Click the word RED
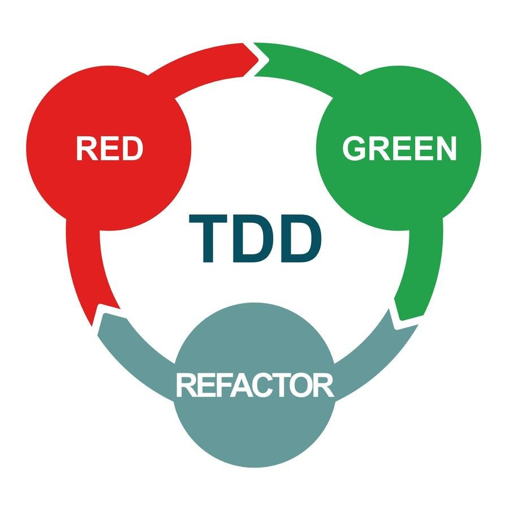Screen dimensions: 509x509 109,149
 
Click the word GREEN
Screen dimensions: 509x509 399,149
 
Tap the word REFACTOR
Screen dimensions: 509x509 255,385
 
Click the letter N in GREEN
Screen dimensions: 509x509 445,149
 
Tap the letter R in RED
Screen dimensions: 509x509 87,149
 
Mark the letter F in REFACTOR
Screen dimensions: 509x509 221,385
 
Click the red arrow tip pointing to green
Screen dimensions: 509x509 253,57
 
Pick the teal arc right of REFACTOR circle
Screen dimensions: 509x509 368,351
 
